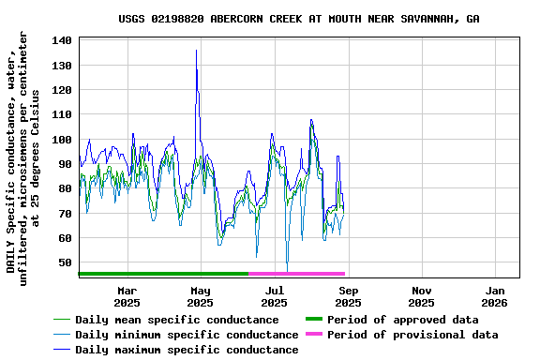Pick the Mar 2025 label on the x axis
[127, 296]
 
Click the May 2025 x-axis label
[200, 296]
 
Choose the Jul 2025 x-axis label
[274, 296]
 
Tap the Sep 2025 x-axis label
[348, 296]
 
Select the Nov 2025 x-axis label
[422, 296]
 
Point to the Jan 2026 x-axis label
[495, 296]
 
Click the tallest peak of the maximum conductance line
[196, 51]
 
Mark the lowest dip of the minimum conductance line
[287, 270]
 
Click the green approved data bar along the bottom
[164, 274]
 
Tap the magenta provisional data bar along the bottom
[297, 274]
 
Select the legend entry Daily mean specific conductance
[177, 320]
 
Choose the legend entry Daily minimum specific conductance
[187, 335]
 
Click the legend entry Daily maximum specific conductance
[187, 350]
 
